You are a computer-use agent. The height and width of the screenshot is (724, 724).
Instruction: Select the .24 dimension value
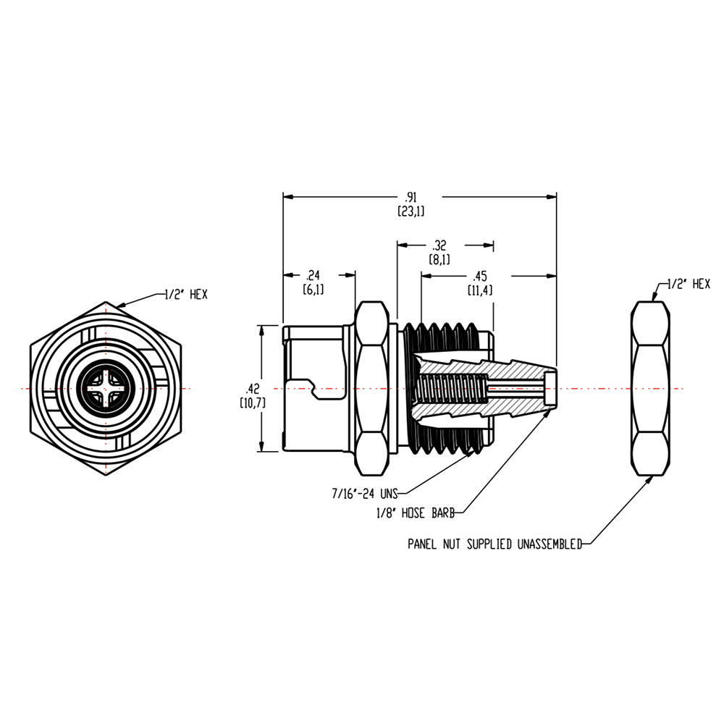pos(313,275)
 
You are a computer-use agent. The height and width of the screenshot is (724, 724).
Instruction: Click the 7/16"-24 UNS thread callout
pos(363,494)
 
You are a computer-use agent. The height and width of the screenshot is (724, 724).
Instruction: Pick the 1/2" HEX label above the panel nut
pos(688,285)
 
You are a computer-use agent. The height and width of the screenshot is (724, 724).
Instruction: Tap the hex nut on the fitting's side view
pos(374,388)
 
